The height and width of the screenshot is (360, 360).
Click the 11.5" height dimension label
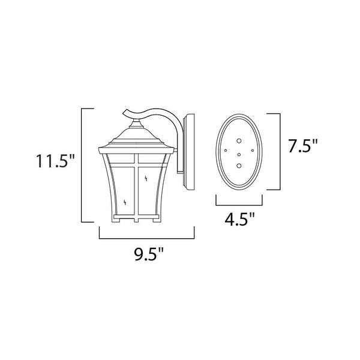pos(55,161)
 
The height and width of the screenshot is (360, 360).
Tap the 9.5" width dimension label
pos(149,254)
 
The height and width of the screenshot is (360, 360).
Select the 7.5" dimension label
pos(303,146)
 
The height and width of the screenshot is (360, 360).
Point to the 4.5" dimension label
pos(239,219)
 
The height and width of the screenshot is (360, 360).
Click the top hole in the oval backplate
pos(239,141)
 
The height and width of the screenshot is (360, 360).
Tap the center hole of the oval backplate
pos(239,155)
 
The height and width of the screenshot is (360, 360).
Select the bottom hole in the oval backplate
pos(239,166)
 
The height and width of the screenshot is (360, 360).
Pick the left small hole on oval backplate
pos(226,151)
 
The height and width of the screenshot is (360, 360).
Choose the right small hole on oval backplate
pos(253,151)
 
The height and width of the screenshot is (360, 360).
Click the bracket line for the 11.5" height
pos(82,165)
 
